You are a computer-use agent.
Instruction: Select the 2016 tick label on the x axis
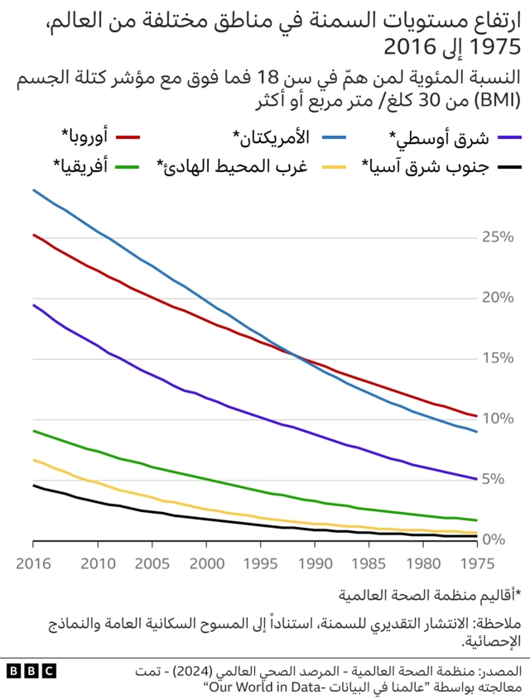pyautogui.click(x=33, y=563)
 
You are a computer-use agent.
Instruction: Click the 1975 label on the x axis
pyautogui.click(x=476, y=563)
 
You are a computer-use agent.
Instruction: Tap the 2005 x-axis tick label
pyautogui.click(x=152, y=563)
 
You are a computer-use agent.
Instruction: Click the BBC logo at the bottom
pyautogui.click(x=31, y=671)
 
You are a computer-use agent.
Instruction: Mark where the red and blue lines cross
pyautogui.click(x=294, y=354)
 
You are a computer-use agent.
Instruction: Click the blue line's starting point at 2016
pyautogui.click(x=33, y=190)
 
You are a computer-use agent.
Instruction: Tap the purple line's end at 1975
pyautogui.click(x=476, y=479)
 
